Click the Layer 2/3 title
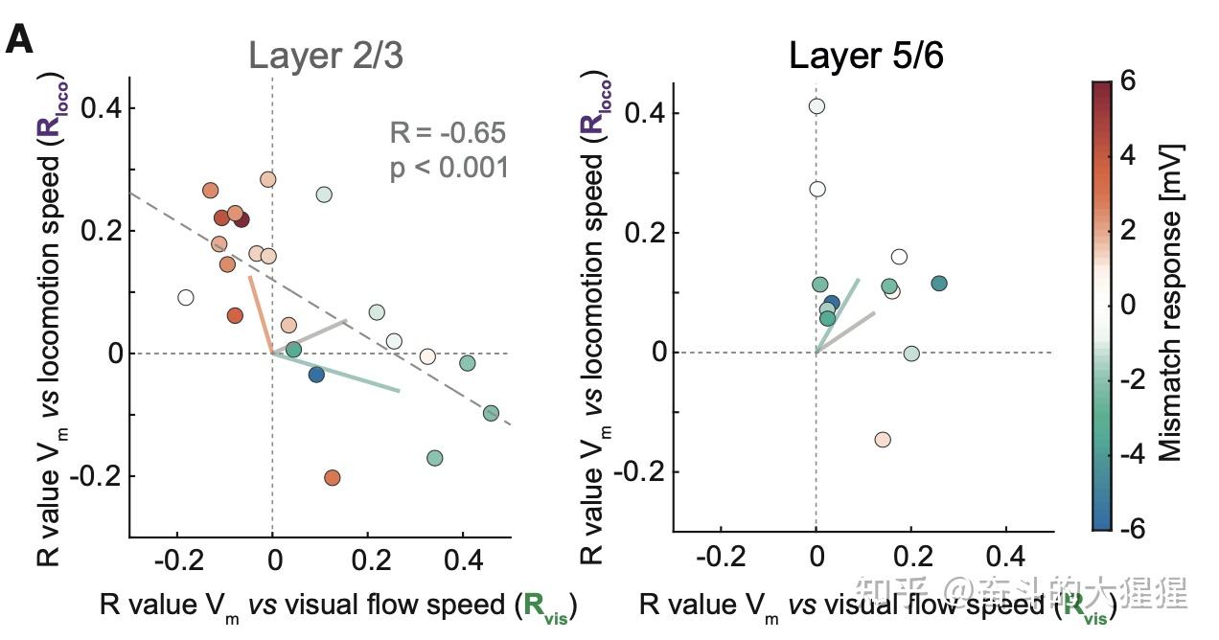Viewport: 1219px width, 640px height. point(325,57)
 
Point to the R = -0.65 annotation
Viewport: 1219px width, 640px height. point(448,132)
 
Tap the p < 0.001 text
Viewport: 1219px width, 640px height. point(448,169)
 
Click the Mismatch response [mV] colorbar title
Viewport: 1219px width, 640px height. point(1170,304)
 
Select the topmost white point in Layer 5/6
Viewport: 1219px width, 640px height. point(816,106)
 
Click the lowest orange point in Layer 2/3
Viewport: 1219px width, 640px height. point(333,477)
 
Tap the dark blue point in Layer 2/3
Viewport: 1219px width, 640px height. point(316,375)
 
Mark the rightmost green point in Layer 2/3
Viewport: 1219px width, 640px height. point(491,413)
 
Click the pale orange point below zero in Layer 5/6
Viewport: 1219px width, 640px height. point(883,440)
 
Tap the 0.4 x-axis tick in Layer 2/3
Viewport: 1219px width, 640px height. point(463,559)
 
